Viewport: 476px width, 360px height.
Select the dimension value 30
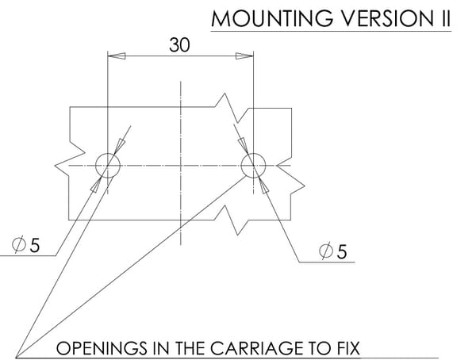tap(179, 45)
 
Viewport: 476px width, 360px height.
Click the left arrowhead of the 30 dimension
tap(117, 56)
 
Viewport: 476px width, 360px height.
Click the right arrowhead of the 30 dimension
tap(244, 56)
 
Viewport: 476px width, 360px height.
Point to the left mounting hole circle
tap(96, 166)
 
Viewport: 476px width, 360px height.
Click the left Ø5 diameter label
tap(26, 245)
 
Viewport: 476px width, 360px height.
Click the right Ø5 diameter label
tap(332, 251)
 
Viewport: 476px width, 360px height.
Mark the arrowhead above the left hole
tap(119, 147)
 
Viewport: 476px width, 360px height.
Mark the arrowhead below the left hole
tap(96, 184)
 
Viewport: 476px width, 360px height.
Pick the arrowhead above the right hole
tap(243, 146)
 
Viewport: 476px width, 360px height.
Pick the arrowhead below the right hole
tap(263, 186)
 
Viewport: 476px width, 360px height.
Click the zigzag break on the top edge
tap(232, 109)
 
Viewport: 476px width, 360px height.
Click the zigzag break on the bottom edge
tap(232, 220)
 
